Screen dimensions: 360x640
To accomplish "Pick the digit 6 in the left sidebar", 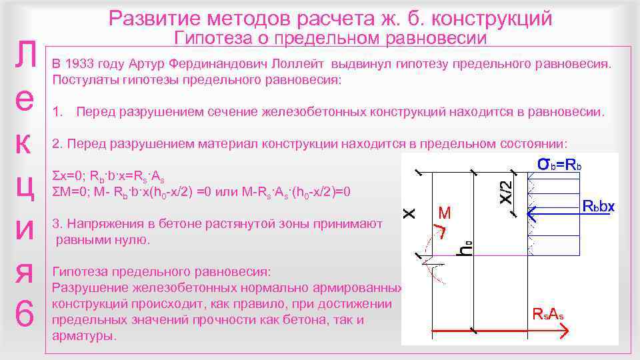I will click(x=25, y=314).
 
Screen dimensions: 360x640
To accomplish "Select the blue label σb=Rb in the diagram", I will click(x=560, y=164).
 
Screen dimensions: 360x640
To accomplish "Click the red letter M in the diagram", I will click(x=445, y=213).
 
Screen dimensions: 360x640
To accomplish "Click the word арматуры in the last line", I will click(x=83, y=336).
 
